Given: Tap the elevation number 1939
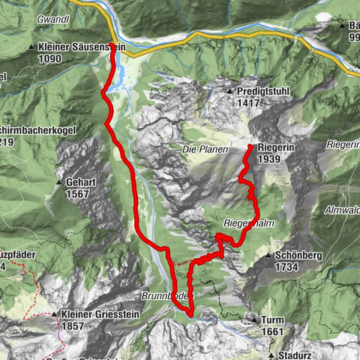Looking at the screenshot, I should point(268,160).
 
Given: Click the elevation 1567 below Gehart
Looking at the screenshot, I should point(77,193).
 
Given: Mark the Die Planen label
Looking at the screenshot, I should point(199,149).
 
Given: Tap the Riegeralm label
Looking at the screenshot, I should point(244,223).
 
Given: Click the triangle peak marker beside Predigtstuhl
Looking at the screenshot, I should point(229,91).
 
